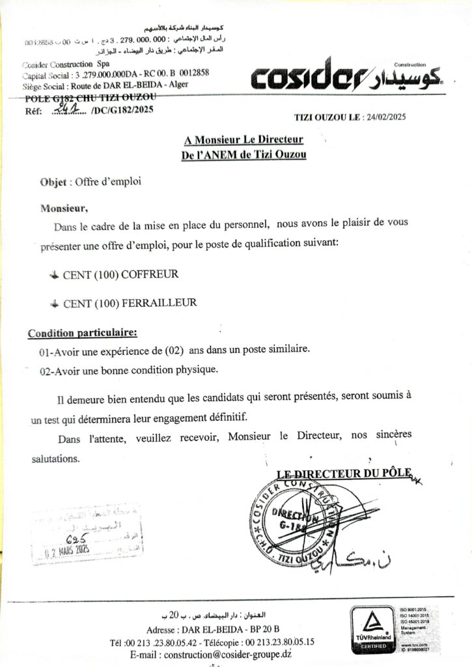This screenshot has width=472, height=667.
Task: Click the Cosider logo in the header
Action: pyautogui.click(x=346, y=77)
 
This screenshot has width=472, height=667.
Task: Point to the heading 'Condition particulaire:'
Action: pyautogui.click(x=82, y=333)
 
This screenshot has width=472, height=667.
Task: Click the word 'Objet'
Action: pyautogui.click(x=54, y=183)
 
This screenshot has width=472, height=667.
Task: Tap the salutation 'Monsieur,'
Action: pyautogui.click(x=64, y=209)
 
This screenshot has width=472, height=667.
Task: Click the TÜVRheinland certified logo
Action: pyautogui.click(x=373, y=629)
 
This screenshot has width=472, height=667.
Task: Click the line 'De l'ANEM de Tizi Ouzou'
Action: pyautogui.click(x=243, y=154)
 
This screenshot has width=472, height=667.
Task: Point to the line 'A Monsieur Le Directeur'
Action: pyautogui.click(x=243, y=140)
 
